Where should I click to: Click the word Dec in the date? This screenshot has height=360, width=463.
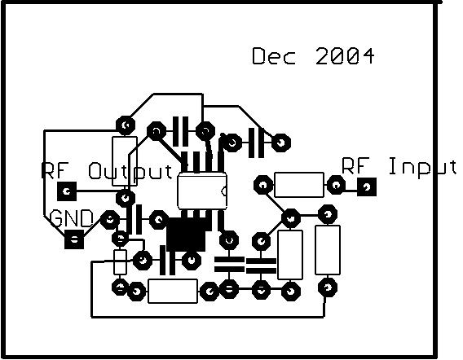(x=274, y=56)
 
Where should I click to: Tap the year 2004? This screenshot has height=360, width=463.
(x=345, y=56)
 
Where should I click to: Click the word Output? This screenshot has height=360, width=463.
(x=130, y=171)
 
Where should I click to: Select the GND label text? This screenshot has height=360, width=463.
(x=72, y=218)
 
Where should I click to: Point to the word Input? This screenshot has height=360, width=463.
(x=423, y=167)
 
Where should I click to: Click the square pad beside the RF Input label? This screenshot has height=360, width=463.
(x=367, y=187)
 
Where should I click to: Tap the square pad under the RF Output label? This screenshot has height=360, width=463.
(x=67, y=191)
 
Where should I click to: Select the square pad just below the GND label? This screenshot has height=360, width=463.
(x=74, y=239)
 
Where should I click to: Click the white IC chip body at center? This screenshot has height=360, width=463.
(x=202, y=191)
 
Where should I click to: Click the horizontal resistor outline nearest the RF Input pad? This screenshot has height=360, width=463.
(x=299, y=185)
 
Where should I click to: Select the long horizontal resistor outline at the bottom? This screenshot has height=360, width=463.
(x=173, y=291)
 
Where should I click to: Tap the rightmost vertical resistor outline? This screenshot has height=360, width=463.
(x=328, y=250)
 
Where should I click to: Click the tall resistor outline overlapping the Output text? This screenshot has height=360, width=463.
(x=125, y=161)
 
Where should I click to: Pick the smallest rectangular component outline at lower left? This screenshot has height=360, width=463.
(x=120, y=261)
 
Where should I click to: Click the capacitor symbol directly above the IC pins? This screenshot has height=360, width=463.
(x=180, y=131)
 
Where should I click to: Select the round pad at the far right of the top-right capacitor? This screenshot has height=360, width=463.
(x=281, y=143)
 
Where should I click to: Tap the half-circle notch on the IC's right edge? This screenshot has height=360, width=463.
(x=224, y=191)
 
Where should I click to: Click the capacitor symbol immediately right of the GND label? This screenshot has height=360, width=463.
(x=134, y=220)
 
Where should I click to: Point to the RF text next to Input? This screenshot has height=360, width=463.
(x=356, y=165)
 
